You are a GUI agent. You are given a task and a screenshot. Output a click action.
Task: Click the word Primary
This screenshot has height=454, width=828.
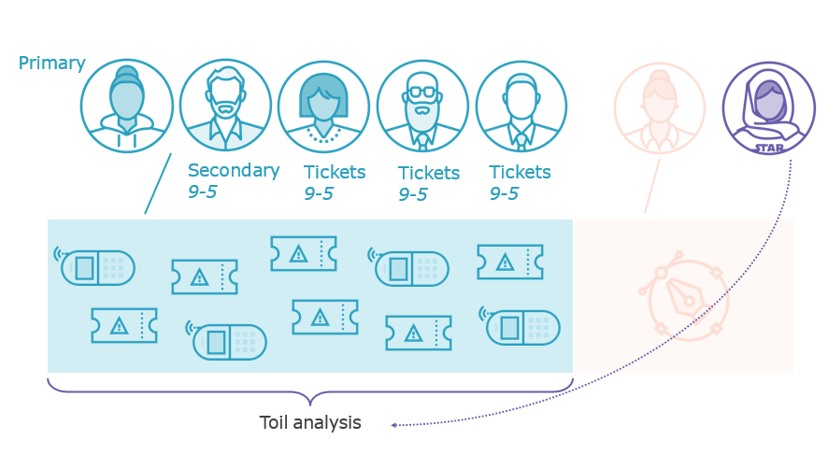pyautogui.click(x=51, y=64)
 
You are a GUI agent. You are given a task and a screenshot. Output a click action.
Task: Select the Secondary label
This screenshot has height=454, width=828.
pyautogui.click(x=234, y=170)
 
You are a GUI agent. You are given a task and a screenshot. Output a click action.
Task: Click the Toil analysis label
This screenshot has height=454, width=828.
pyautogui.click(x=310, y=422)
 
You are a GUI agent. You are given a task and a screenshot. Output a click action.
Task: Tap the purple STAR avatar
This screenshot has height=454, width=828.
pyautogui.click(x=768, y=107)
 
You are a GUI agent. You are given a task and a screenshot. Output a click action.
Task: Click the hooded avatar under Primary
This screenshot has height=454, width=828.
pyautogui.click(x=127, y=106)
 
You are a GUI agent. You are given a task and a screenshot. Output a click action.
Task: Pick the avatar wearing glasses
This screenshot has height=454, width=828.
pyautogui.click(x=422, y=106)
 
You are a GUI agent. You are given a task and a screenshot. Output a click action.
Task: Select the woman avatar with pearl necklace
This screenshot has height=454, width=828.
pyautogui.click(x=323, y=106)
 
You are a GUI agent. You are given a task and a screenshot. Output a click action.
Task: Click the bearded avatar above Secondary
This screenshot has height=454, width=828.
pyautogui.click(x=225, y=106)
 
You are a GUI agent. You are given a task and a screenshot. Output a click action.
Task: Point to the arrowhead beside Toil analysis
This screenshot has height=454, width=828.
pyautogui.click(x=394, y=425)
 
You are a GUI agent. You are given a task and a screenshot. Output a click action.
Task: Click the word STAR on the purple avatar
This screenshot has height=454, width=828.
pyautogui.click(x=769, y=147)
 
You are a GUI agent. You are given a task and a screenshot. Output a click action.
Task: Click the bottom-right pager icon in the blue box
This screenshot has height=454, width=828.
pyautogui.click(x=521, y=327)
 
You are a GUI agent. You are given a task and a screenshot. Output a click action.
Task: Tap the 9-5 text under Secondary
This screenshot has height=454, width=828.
pyautogui.click(x=203, y=192)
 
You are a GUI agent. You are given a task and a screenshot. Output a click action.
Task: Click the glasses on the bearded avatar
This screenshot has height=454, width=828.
pyautogui.click(x=422, y=92)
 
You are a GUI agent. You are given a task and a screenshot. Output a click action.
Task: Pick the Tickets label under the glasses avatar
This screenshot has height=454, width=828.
pyautogui.click(x=429, y=173)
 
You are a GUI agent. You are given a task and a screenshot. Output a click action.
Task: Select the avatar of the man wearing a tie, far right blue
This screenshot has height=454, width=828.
pyautogui.click(x=521, y=106)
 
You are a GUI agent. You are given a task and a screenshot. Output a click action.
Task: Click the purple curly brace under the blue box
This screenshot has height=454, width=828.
pyautogui.click(x=309, y=389)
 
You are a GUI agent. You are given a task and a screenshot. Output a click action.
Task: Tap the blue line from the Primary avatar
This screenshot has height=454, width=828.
pyautogui.click(x=158, y=183)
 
